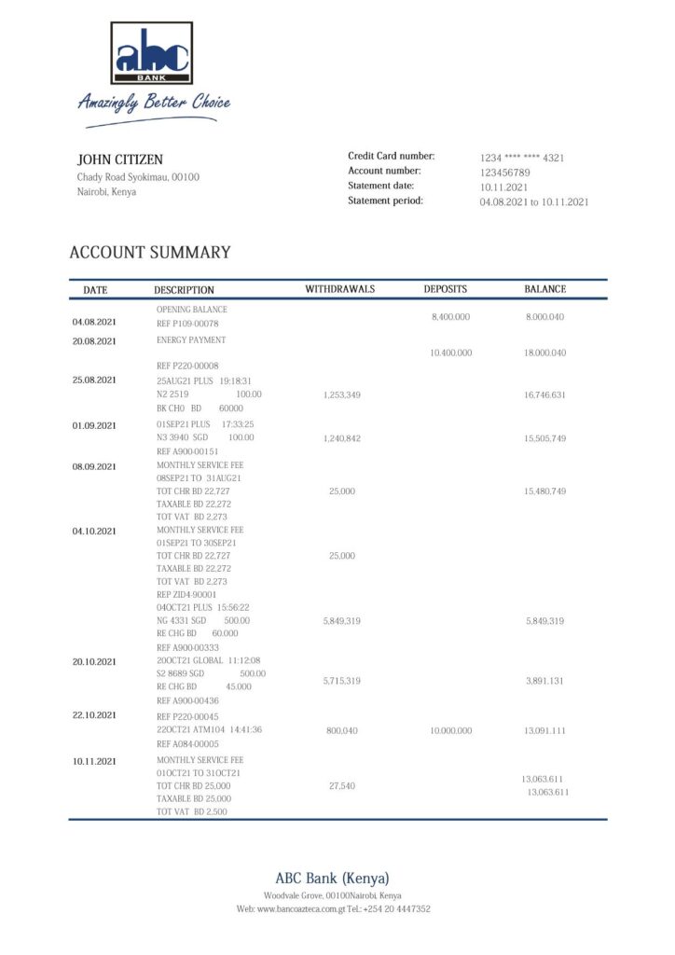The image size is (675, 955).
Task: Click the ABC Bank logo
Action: [x=152, y=53]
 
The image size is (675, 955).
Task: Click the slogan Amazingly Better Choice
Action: [x=154, y=102]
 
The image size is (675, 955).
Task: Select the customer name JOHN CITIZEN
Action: [x=119, y=159]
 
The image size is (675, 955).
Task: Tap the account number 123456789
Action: [x=505, y=173]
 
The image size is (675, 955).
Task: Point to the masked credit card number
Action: [x=522, y=158]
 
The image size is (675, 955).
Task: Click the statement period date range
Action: [x=534, y=201]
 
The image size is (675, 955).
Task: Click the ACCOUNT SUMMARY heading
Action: [x=150, y=253]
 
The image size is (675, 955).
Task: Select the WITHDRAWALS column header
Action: [x=340, y=289]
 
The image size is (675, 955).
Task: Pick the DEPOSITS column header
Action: [x=446, y=289]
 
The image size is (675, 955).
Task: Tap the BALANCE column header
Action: [x=545, y=289]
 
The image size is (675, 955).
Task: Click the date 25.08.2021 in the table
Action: [x=94, y=380]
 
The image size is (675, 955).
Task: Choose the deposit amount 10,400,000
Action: [x=451, y=353]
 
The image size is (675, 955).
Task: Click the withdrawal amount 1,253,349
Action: [x=342, y=395]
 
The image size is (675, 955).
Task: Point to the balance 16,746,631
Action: [x=545, y=395]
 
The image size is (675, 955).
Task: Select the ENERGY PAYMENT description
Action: [x=191, y=340]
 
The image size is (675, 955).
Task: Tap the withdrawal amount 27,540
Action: [x=342, y=786]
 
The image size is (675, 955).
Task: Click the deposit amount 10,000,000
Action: [x=451, y=731]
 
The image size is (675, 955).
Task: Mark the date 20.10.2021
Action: [x=94, y=662]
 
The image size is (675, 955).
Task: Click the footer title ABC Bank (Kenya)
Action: [x=332, y=878]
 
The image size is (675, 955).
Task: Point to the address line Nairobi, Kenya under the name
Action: [x=106, y=192]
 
